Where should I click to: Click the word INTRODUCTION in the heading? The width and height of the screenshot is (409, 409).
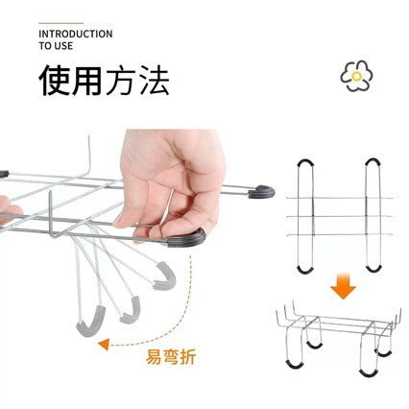(76, 34)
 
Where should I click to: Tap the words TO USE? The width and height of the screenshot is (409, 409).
(56, 46)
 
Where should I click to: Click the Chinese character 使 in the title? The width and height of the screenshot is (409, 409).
(55, 80)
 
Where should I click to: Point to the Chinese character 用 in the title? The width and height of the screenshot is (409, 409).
(87, 80)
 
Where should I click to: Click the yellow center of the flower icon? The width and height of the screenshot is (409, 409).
(356, 76)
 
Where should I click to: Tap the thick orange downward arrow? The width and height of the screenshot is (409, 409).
(343, 286)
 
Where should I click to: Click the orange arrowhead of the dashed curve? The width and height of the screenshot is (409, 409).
(104, 345)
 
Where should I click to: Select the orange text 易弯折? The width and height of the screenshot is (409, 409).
(171, 357)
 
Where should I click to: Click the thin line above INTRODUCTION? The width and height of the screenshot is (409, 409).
(60, 23)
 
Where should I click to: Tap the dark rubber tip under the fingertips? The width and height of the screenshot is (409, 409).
(187, 238)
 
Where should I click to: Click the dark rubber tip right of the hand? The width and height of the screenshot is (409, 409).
(262, 192)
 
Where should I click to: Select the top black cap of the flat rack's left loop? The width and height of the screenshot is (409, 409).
(305, 161)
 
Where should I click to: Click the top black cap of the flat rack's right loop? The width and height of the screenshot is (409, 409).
(373, 161)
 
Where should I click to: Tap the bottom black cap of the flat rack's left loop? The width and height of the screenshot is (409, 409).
(305, 271)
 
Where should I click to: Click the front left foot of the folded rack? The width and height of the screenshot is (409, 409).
(295, 365)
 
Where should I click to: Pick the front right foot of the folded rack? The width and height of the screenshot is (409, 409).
(369, 373)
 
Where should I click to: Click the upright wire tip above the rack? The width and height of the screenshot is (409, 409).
(89, 138)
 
